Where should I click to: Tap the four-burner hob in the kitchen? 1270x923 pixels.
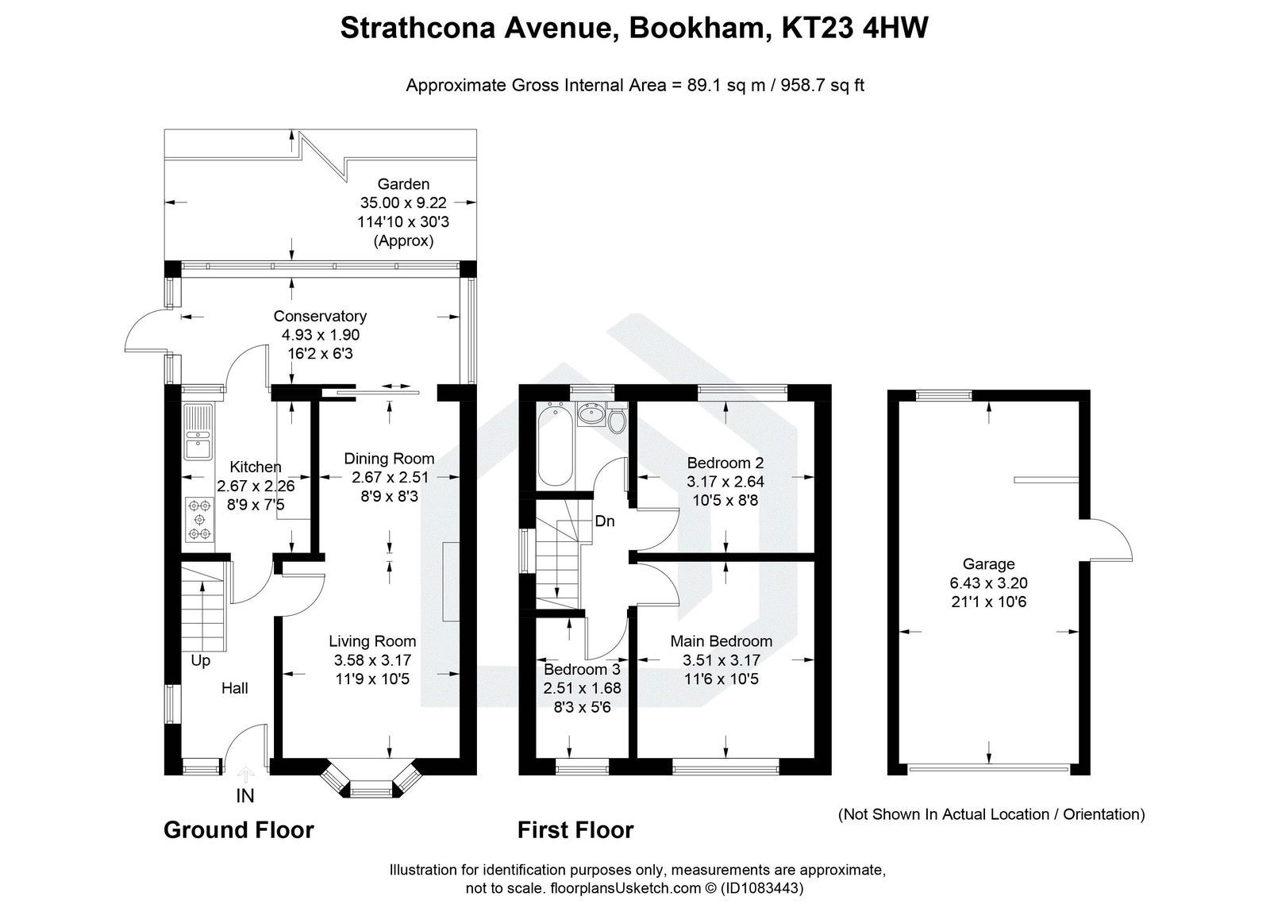(x=198, y=519)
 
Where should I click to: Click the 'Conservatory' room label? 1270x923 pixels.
(x=320, y=316)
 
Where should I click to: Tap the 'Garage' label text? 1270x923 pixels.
(x=988, y=564)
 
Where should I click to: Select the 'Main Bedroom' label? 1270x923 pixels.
(x=721, y=640)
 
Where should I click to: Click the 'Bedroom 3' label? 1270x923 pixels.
(x=582, y=669)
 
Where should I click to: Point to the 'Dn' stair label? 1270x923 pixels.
(x=605, y=521)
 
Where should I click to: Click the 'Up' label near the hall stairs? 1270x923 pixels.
(x=200, y=660)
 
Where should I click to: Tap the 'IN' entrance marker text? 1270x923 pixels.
(x=245, y=795)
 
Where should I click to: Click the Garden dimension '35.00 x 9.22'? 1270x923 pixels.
(x=403, y=203)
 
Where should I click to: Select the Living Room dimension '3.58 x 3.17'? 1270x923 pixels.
(x=372, y=660)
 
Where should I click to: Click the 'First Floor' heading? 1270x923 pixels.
(x=575, y=830)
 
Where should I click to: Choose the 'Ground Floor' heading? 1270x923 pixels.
(x=238, y=830)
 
